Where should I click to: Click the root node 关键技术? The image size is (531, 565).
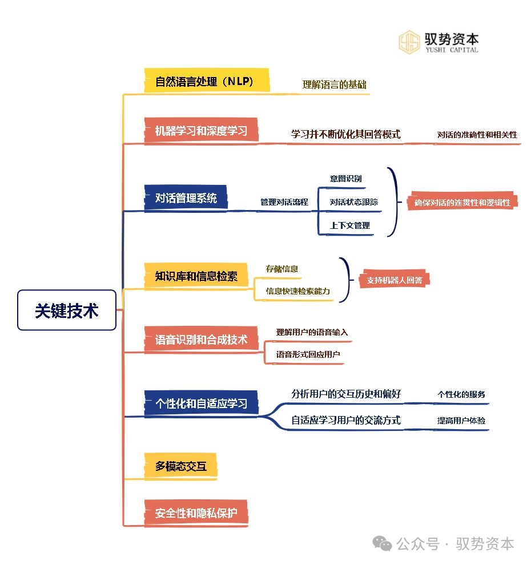tap(67, 310)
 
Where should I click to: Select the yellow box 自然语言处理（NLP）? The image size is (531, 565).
tap(207, 80)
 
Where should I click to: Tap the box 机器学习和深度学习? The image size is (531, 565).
tap(201, 130)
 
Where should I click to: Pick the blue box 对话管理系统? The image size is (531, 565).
tap(186, 197)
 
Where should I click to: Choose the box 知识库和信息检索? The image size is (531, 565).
tap(196, 276)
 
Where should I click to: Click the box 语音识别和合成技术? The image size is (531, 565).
tap(201, 338)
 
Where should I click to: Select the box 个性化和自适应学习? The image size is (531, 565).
tap(201, 403)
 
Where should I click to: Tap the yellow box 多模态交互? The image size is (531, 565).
tap(180, 466)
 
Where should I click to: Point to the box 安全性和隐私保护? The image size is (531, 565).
tap(196, 512)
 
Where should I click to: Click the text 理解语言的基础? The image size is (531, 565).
tap(334, 84)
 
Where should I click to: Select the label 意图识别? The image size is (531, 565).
tap(345, 179)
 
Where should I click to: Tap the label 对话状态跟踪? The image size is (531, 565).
tap(353, 202)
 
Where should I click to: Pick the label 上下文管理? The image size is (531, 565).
tap(349, 225)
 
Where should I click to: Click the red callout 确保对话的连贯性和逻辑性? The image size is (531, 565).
tap(462, 202)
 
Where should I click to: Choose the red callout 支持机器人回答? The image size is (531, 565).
tap(395, 280)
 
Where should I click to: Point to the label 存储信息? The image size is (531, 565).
tap(281, 269)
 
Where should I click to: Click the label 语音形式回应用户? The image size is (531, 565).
tap(308, 354)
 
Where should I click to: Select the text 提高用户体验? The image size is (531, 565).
tap(461, 421)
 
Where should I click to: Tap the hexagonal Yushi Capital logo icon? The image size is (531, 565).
tap(409, 42)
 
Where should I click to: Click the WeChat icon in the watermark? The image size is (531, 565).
tap(382, 543)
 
